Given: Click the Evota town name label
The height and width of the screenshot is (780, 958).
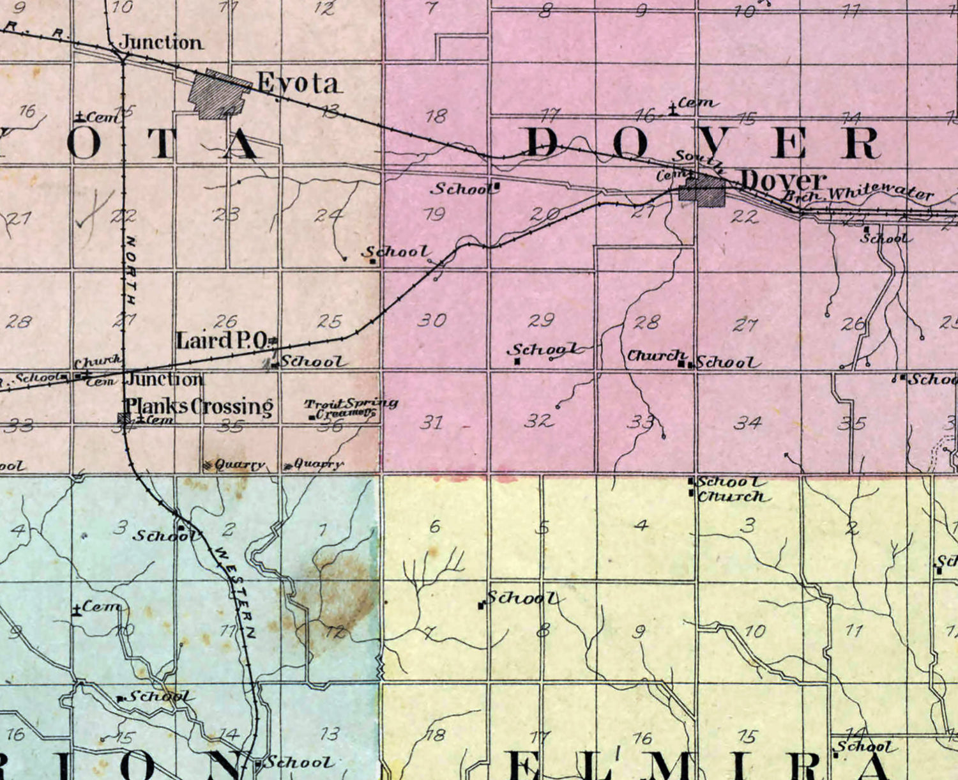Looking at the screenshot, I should click(298, 83).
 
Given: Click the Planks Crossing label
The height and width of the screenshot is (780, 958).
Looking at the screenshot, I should click(199, 406).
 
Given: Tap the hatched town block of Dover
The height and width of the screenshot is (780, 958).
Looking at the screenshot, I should click(703, 191).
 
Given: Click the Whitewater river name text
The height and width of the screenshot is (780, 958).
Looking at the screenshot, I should click(881, 191).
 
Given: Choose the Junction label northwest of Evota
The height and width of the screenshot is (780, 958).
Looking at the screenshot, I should click(162, 43).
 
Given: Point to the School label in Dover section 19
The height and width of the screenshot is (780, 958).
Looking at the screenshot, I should click(462, 188).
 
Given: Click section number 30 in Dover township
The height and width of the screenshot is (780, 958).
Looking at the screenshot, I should click(432, 319).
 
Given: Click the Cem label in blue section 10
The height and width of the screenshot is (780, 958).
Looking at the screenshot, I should click(100, 606).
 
